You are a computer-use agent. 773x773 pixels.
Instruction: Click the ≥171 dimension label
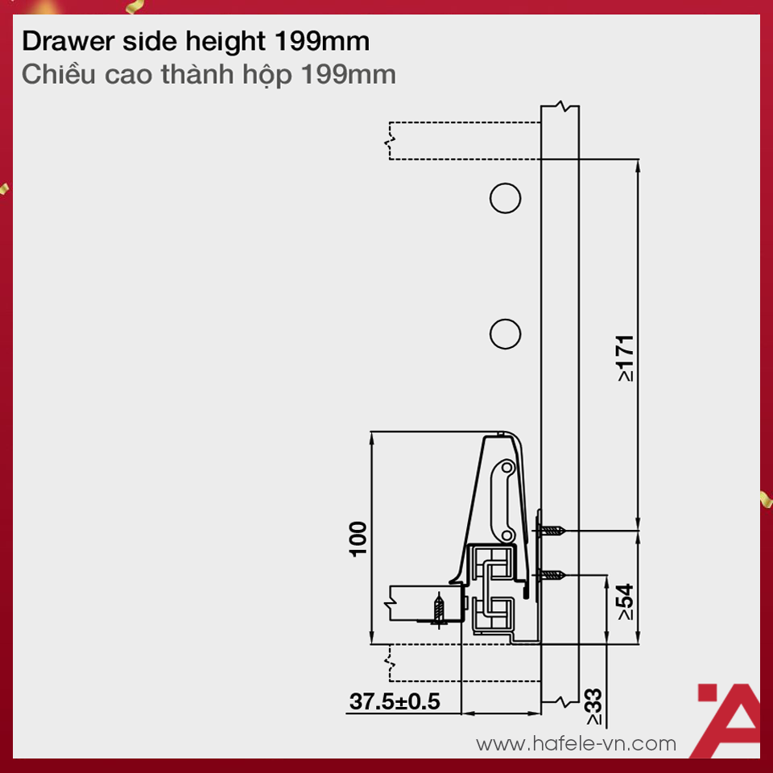coord(626,358)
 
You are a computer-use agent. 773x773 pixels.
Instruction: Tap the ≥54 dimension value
coord(626,601)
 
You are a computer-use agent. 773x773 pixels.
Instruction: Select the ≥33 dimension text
coord(594,706)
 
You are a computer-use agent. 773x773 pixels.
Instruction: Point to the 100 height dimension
coord(358,538)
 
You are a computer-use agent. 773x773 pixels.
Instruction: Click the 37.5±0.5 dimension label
coord(395,701)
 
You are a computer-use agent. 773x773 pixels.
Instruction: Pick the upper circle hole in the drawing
coord(505,198)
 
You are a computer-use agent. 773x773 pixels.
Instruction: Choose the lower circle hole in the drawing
coord(505,333)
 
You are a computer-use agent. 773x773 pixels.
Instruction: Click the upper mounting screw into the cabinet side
coord(555,531)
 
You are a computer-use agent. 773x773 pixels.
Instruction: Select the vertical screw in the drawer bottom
coord(440,610)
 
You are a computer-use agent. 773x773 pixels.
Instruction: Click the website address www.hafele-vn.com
coord(576,743)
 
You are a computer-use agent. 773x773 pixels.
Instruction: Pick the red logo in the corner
coord(726,721)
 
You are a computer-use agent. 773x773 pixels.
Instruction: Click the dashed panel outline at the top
coord(464,141)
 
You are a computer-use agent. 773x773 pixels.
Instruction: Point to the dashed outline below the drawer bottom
coord(464,662)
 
